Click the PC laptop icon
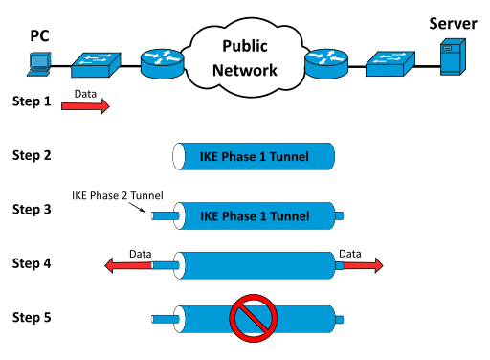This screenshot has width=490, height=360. (38, 63)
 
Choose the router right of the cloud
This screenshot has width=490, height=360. (326, 62)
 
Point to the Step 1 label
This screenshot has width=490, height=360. (33, 101)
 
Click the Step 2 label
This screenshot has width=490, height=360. (33, 153)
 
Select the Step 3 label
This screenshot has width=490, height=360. (33, 207)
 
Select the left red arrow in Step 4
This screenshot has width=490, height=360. (127, 265)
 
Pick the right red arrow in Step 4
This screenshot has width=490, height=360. (361, 265)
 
